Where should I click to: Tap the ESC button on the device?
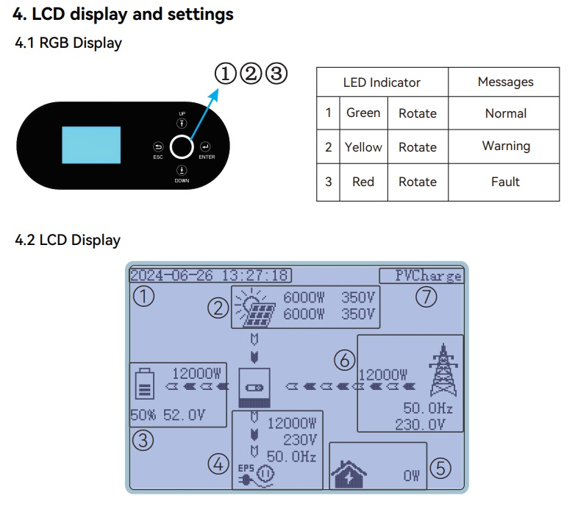(158, 146)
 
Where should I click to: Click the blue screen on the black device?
(90, 146)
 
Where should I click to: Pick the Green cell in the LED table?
(363, 113)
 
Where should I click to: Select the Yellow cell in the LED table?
(363, 147)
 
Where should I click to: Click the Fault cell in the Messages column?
(505, 182)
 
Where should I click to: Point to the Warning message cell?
(505, 146)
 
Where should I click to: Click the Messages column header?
(505, 82)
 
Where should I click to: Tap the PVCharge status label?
(428, 276)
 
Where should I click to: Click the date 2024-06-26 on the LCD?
(172, 276)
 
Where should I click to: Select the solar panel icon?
(254, 308)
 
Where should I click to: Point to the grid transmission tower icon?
(442, 372)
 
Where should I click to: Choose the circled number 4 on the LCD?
(218, 464)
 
